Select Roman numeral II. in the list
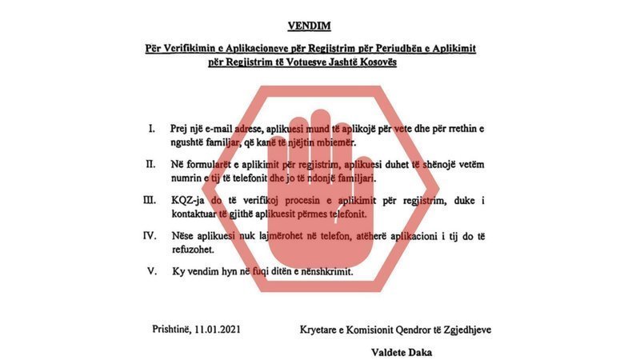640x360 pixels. [x=150, y=164]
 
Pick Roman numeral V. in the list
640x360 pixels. [x=152, y=271]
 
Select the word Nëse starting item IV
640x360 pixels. [x=184, y=236]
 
